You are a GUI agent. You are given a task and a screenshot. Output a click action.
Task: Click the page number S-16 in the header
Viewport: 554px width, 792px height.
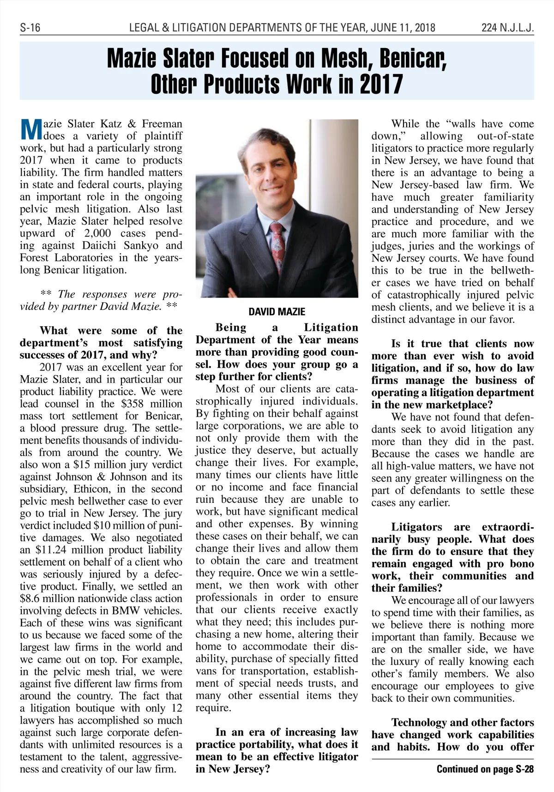(30, 28)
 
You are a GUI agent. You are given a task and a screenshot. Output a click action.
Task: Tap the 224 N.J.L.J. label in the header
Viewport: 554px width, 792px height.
(507, 28)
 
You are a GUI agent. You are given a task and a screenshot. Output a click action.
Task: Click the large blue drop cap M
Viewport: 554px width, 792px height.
(31, 130)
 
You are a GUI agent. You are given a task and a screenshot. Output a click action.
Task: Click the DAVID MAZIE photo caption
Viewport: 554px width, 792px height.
(277, 311)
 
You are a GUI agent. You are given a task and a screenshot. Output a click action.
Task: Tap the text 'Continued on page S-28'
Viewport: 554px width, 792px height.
(485, 769)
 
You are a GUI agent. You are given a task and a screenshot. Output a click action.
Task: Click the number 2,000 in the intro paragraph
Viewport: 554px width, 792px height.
(98, 233)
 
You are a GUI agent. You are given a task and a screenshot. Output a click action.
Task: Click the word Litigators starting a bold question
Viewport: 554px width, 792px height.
(416, 527)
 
